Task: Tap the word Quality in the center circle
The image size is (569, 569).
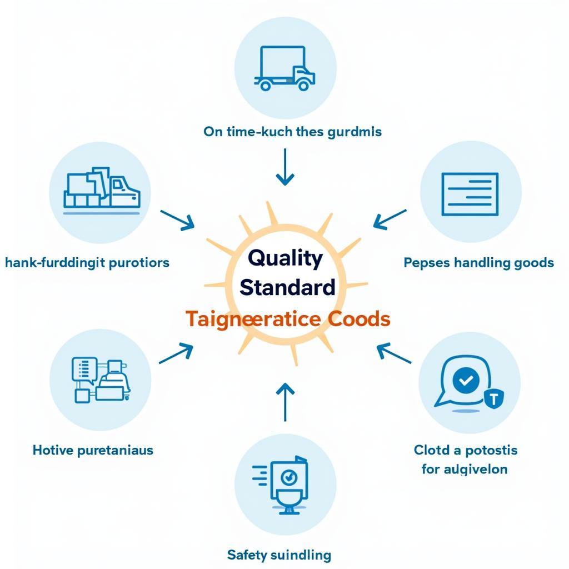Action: (285, 258)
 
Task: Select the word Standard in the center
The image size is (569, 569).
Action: (287, 287)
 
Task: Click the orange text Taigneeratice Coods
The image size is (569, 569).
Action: (287, 319)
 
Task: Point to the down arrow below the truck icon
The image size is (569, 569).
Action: (285, 166)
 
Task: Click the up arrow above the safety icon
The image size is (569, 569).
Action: (284, 401)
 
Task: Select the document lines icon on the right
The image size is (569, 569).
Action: (470, 194)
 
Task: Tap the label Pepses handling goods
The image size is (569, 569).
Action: (478, 262)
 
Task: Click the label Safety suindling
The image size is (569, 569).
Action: (279, 555)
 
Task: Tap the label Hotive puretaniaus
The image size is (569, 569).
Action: (93, 450)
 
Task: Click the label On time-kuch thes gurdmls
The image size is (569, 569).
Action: (292, 132)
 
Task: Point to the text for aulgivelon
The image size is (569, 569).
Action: (464, 469)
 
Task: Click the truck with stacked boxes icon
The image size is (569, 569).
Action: (102, 191)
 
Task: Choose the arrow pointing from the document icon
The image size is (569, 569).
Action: (390, 219)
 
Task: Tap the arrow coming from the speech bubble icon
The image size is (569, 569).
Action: (393, 353)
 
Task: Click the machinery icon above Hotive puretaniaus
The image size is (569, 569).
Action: (100, 380)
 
